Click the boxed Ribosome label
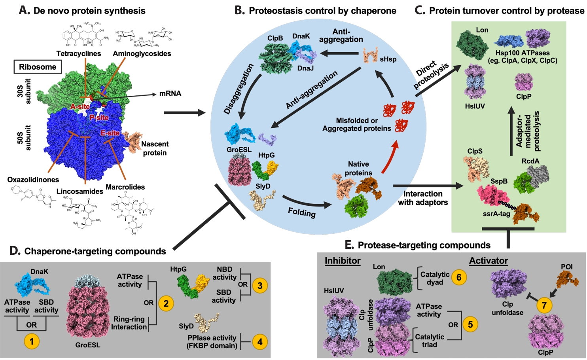[x=38, y=67]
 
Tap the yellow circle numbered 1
[x=32, y=341]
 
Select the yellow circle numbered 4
[x=259, y=341]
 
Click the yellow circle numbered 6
[x=459, y=277]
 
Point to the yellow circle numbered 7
[x=544, y=305]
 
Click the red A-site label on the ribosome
[x=80, y=106]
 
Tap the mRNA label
[x=170, y=94]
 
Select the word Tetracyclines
[x=78, y=53]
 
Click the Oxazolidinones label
[x=33, y=180]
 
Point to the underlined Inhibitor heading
[x=343, y=261]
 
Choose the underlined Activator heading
[x=489, y=261]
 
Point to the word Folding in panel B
[x=301, y=212]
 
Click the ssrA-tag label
[x=496, y=214]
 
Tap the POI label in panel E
[x=566, y=267]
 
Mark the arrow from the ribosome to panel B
[x=184, y=113]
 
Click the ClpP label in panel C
[x=524, y=97]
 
